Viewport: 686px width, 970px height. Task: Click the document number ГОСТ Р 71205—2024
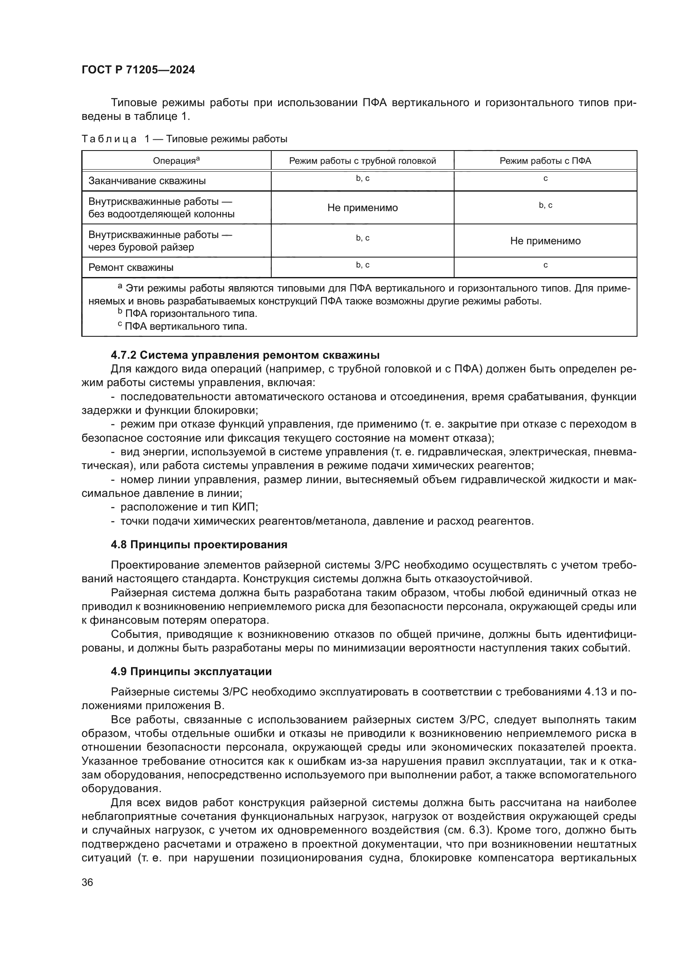[138, 70]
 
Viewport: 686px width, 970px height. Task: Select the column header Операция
[176, 161]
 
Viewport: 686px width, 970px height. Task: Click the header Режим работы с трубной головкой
[362, 161]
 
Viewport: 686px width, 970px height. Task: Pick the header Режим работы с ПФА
[545, 161]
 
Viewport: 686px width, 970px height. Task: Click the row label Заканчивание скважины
[147, 181]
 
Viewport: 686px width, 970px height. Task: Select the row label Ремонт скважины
[131, 267]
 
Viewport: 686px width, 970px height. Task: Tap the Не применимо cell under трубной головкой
[362, 208]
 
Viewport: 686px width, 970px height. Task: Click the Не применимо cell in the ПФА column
[545, 241]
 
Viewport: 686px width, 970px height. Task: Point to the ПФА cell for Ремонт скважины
[545, 265]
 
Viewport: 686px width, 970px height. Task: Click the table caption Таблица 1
[184, 139]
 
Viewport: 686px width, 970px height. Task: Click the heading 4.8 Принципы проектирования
[199, 545]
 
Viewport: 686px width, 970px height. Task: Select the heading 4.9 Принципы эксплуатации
[191, 671]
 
